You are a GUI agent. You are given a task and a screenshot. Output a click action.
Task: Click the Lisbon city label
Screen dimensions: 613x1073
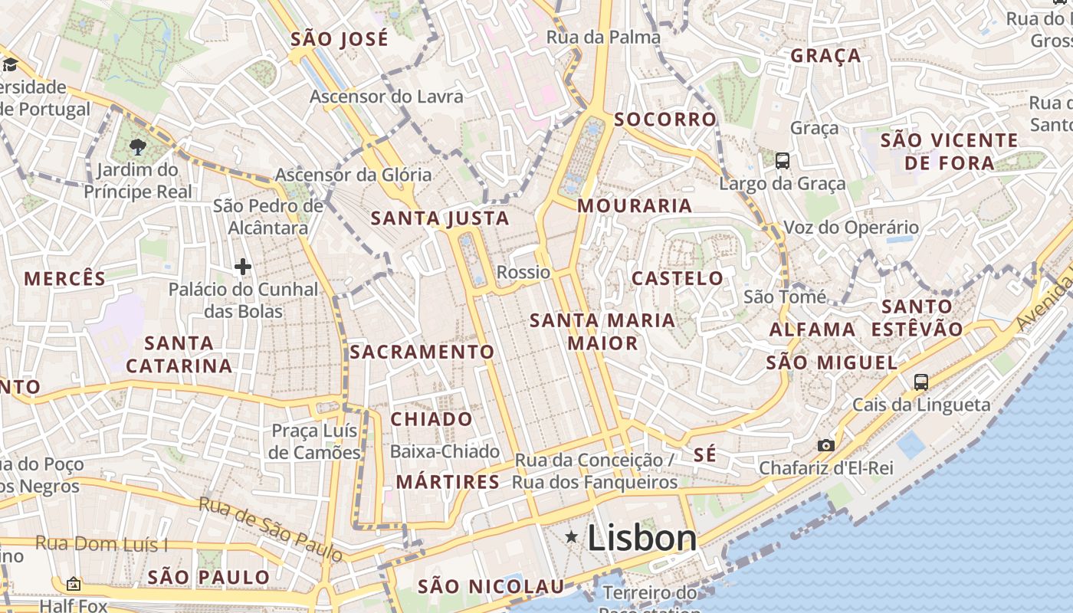(642, 538)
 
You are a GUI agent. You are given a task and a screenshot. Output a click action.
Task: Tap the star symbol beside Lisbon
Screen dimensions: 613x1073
(572, 537)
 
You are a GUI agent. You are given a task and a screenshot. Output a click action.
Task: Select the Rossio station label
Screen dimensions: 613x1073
(523, 272)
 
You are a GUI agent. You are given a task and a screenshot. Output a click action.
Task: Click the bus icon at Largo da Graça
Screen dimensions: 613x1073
(783, 161)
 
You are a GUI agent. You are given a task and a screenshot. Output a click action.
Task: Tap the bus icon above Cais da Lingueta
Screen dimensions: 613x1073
(921, 382)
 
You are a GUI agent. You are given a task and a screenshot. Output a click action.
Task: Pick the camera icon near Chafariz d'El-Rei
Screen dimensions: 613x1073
(825, 445)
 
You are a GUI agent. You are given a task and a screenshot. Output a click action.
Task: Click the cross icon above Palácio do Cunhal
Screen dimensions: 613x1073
(243, 267)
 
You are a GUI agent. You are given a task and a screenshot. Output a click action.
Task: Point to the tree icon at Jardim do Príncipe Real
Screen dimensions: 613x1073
(138, 146)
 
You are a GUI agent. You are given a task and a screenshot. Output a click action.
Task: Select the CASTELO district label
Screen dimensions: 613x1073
(677, 278)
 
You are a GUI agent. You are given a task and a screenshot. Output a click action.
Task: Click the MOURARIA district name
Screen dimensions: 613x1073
(635, 205)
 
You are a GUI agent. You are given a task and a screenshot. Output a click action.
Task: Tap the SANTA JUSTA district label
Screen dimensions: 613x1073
(440, 218)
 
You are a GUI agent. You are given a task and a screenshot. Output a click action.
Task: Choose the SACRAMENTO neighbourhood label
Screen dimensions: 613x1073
(422, 352)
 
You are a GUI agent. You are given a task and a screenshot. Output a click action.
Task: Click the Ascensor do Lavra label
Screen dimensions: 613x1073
(386, 97)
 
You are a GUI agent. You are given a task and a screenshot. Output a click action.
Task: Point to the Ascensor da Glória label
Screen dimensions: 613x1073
(353, 175)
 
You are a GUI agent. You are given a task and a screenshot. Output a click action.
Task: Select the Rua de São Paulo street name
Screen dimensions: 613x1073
(271, 528)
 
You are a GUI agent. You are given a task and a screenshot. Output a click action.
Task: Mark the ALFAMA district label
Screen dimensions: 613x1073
(812, 329)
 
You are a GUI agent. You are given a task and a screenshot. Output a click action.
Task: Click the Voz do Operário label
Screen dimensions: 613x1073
(851, 228)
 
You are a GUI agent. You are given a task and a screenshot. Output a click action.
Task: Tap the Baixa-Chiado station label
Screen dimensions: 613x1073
(445, 451)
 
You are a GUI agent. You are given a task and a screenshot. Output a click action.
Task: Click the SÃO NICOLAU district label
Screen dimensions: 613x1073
(491, 587)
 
